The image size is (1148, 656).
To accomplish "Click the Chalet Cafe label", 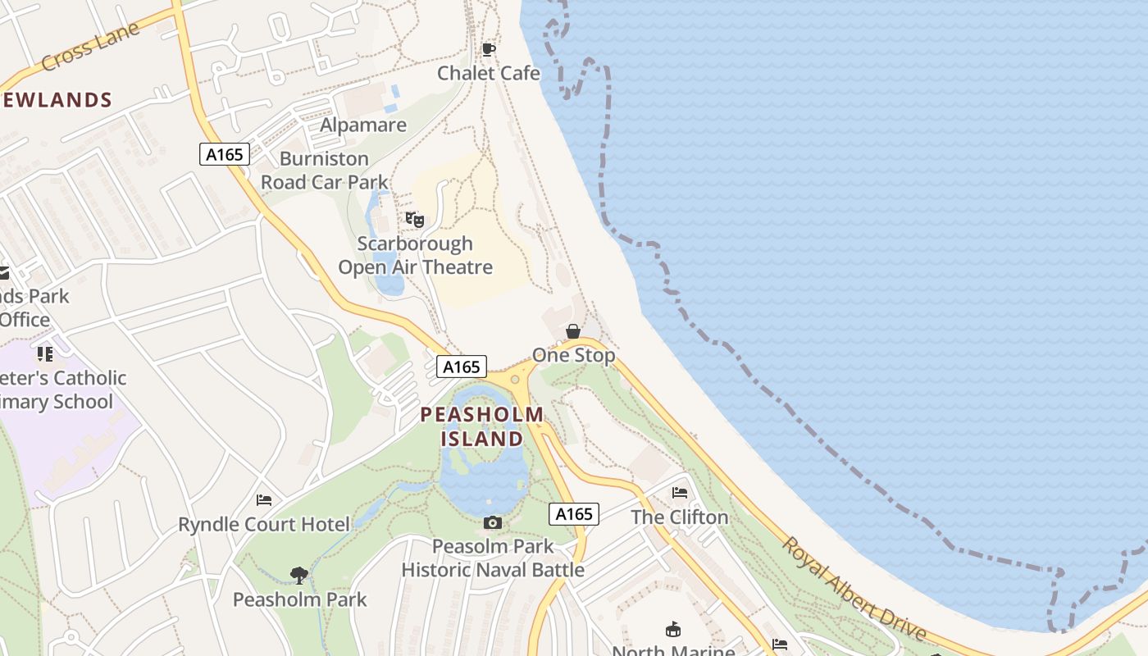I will [x=489, y=73].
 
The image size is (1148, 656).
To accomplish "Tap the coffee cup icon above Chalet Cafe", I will [x=489, y=49].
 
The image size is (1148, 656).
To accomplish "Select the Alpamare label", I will [x=363, y=125].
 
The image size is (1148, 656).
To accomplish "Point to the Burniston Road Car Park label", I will [x=325, y=171].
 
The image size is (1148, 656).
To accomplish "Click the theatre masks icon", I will [x=415, y=219].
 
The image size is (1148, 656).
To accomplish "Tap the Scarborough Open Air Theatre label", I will [x=416, y=255].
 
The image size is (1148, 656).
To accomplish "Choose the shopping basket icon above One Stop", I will [x=573, y=331].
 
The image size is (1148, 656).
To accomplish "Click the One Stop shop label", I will [x=573, y=355].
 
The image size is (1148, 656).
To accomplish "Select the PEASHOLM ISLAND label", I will [x=482, y=426].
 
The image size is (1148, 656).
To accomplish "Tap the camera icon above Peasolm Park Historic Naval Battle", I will [x=492, y=522].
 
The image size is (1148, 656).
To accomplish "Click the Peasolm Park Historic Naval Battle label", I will [x=493, y=558].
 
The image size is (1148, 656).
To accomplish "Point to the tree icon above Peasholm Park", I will [x=299, y=576].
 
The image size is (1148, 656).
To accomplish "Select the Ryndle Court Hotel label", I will [x=264, y=524].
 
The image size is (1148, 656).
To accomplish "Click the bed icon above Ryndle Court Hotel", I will [x=264, y=499].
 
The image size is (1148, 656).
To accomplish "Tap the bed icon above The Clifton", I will [x=680, y=493].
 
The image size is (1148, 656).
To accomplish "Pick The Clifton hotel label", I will [x=680, y=517].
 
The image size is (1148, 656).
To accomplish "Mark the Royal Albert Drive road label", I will [x=854, y=589].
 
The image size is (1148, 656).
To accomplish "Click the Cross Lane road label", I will [x=90, y=47].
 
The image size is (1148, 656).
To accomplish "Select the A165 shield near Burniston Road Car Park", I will [x=224, y=153].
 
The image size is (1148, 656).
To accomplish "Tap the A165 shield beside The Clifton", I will [x=574, y=514].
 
